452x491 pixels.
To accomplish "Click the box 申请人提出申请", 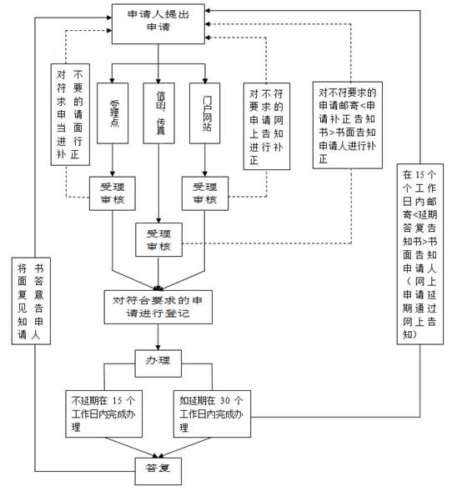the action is tap(158, 24).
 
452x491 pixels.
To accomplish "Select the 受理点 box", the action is tap(113, 113).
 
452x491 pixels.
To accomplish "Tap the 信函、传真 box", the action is tap(158, 113).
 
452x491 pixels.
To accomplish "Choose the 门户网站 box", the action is tap(205, 113).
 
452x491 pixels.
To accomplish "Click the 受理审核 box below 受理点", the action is tap(113, 193).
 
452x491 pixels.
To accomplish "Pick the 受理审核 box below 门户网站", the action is tap(205, 193).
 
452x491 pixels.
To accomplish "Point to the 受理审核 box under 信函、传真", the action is tap(158, 240).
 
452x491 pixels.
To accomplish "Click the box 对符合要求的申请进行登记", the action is tap(158, 308).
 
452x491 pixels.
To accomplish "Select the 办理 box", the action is tap(158, 363).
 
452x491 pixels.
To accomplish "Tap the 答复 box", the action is tap(158, 471).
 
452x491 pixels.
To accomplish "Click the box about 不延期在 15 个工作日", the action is tap(103, 414).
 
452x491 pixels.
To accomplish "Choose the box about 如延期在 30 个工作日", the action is tap(213, 414).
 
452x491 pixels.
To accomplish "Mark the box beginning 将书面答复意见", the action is tap(31, 301).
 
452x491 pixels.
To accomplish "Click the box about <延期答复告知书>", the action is tap(420, 254).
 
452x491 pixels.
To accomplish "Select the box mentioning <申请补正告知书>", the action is tap(348, 125).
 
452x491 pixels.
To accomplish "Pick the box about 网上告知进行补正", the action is tap(267, 126).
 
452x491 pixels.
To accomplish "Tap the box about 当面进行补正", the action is tap(71, 114).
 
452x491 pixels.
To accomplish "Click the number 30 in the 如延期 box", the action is tap(225, 400).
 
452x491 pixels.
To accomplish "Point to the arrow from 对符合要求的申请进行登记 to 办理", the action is tap(158, 337).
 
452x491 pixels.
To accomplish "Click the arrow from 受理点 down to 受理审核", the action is tap(113, 160).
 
